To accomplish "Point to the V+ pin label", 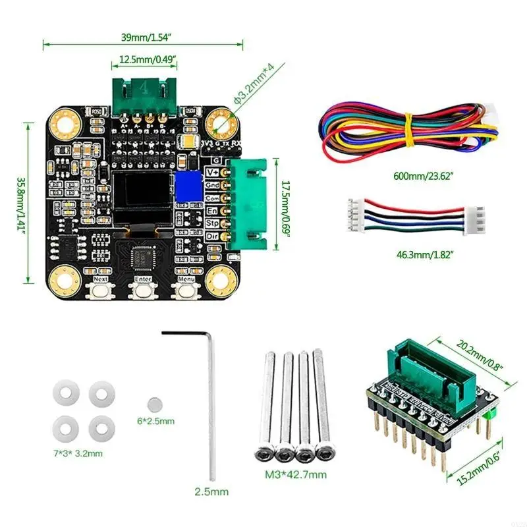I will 213,173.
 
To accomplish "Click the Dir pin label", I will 213,236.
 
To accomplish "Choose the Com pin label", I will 213,198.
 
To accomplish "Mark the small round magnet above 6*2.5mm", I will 155,404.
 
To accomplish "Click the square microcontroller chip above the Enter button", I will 143,257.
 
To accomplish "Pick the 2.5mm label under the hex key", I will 212,491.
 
